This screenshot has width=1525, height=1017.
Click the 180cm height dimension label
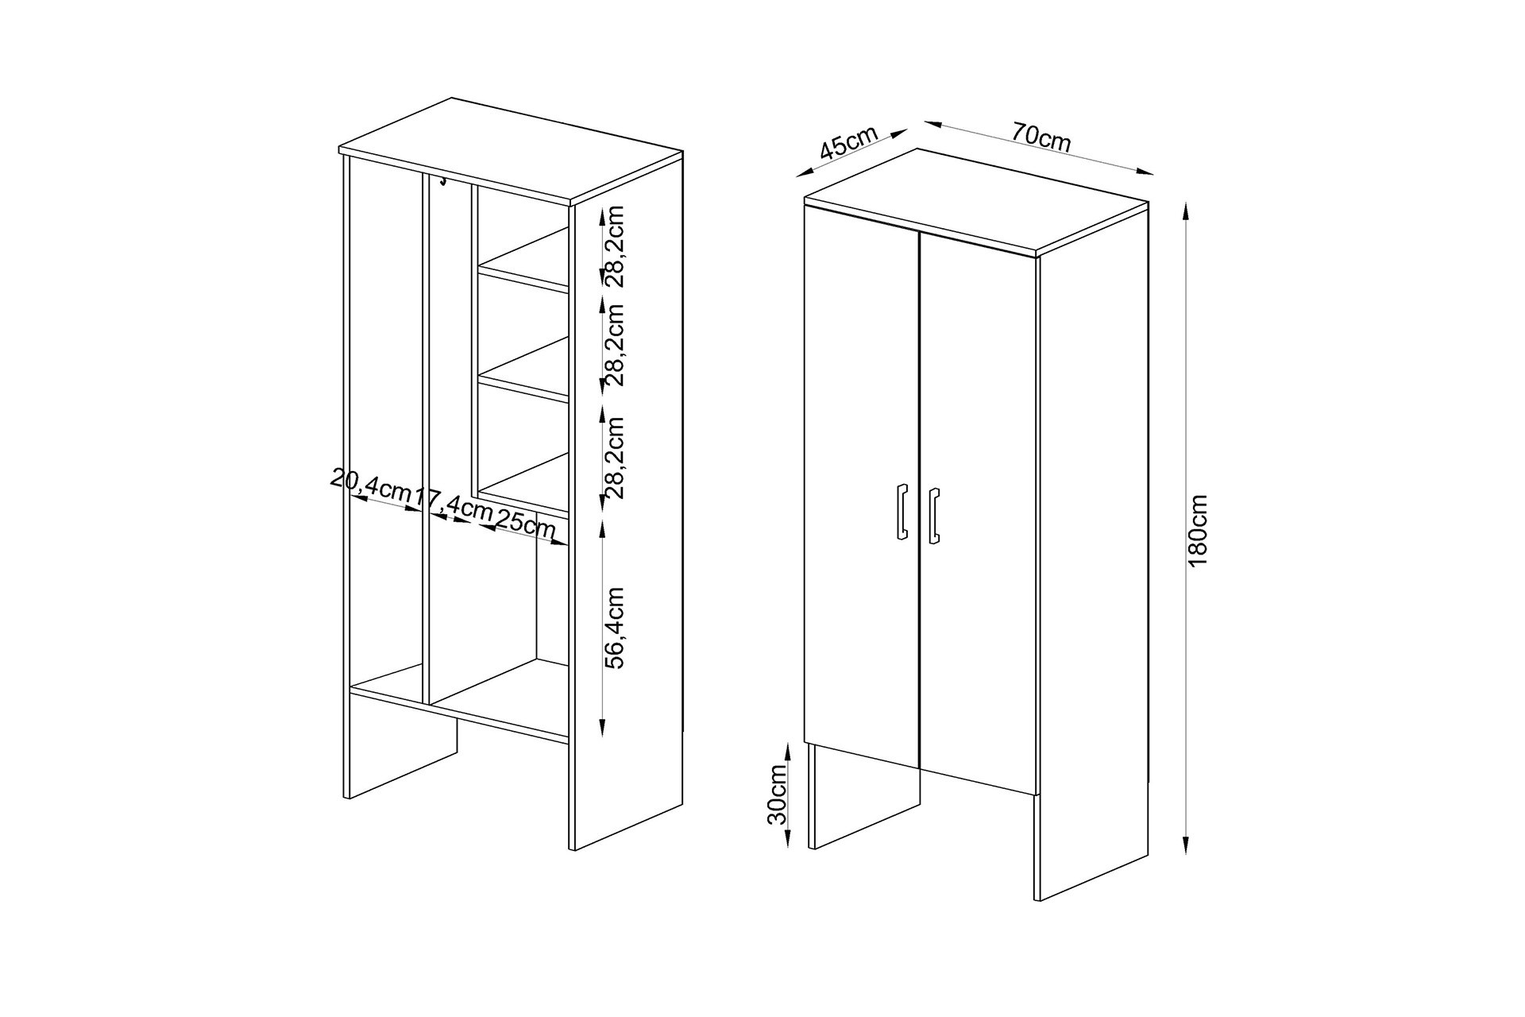pos(1198,530)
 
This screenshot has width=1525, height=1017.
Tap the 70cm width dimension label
pos(1041,138)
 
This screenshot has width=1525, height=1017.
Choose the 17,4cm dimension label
pos(454,504)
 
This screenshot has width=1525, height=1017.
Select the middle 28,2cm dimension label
pos(615,344)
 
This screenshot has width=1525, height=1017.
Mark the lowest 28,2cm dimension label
pos(615,457)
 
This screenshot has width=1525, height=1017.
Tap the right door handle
pos(934,516)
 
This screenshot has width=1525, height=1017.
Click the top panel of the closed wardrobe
pos(976,202)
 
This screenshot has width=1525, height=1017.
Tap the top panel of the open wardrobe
pos(511,152)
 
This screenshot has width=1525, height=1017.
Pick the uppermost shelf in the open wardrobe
pos(524,260)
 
